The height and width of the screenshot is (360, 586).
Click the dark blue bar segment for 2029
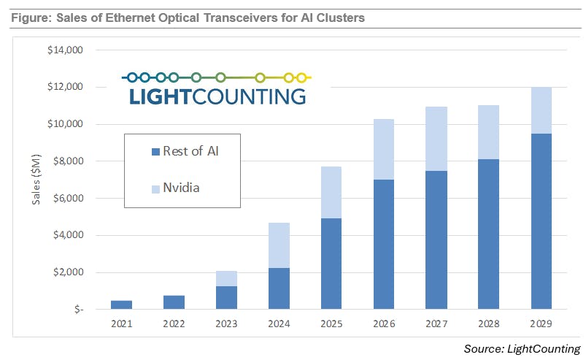[x=541, y=221]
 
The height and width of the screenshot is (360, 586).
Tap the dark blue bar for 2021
[x=121, y=305]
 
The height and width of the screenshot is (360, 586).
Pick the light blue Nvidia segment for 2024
[x=279, y=245]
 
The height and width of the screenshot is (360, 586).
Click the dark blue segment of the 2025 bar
[x=331, y=263]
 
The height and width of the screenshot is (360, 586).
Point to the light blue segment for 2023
[x=226, y=278]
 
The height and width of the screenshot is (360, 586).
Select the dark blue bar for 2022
[x=174, y=302]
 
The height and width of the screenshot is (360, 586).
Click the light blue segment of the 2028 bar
[x=488, y=132]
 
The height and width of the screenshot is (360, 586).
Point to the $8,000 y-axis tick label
[x=69, y=161]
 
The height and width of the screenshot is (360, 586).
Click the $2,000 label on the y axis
[x=69, y=272]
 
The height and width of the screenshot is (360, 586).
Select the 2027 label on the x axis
[x=436, y=323]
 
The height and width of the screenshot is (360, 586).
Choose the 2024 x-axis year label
[x=279, y=323]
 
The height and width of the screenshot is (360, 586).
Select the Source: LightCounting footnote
[x=523, y=348]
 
